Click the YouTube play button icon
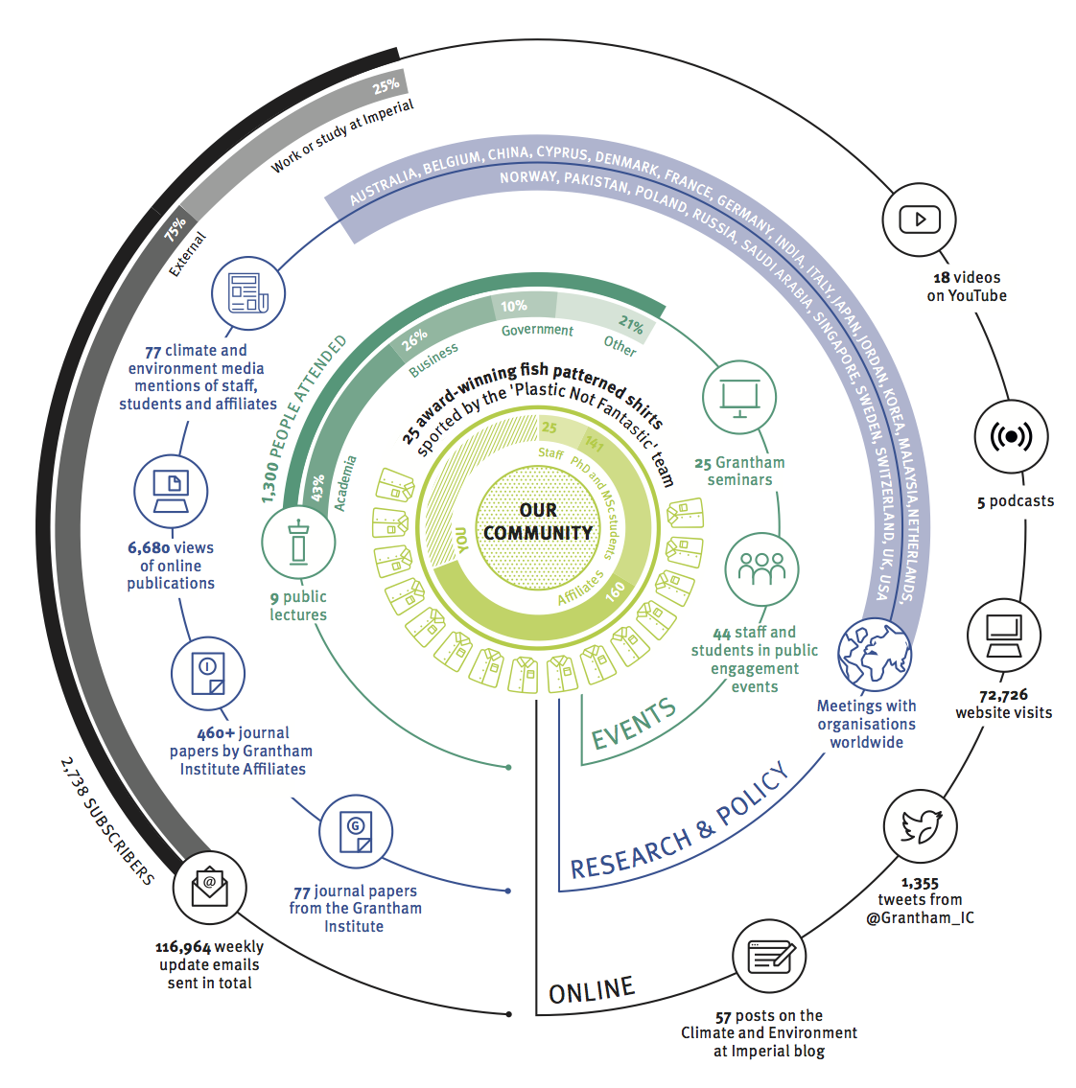(919, 220)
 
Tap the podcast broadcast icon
(1011, 437)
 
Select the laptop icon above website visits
(1003, 635)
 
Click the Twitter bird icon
(921, 826)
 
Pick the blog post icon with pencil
(769, 957)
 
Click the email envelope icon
(210, 889)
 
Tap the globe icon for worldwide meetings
(874, 654)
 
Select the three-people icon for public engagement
(761, 568)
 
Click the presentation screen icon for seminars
(739, 396)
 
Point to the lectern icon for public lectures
(299, 543)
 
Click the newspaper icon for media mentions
(247, 292)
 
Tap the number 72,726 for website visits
(1003, 695)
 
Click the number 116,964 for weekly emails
(182, 947)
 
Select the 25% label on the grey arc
(386, 86)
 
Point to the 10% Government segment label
(514, 306)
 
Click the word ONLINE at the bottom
(592, 991)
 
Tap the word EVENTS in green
(633, 725)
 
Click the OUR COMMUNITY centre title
(537, 521)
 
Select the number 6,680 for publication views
(149, 548)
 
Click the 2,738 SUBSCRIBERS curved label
(106, 821)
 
